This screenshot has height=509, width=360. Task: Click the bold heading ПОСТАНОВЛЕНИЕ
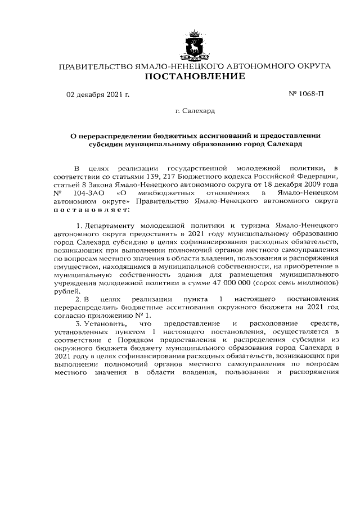tap(195, 76)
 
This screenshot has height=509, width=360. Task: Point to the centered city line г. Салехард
tap(195, 111)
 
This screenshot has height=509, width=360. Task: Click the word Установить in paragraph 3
tap(106, 324)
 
